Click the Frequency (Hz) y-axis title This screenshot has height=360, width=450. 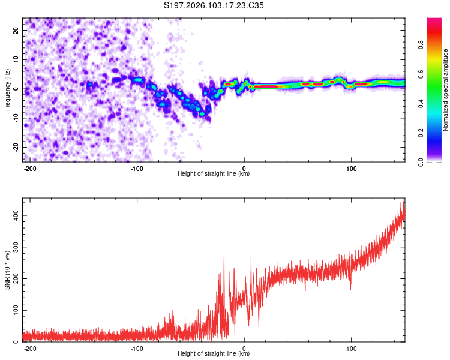(7, 89)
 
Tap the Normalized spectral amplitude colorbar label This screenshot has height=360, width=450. (446, 90)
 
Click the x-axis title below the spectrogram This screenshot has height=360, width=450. (214, 174)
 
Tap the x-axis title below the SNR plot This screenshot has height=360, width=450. (214, 354)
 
